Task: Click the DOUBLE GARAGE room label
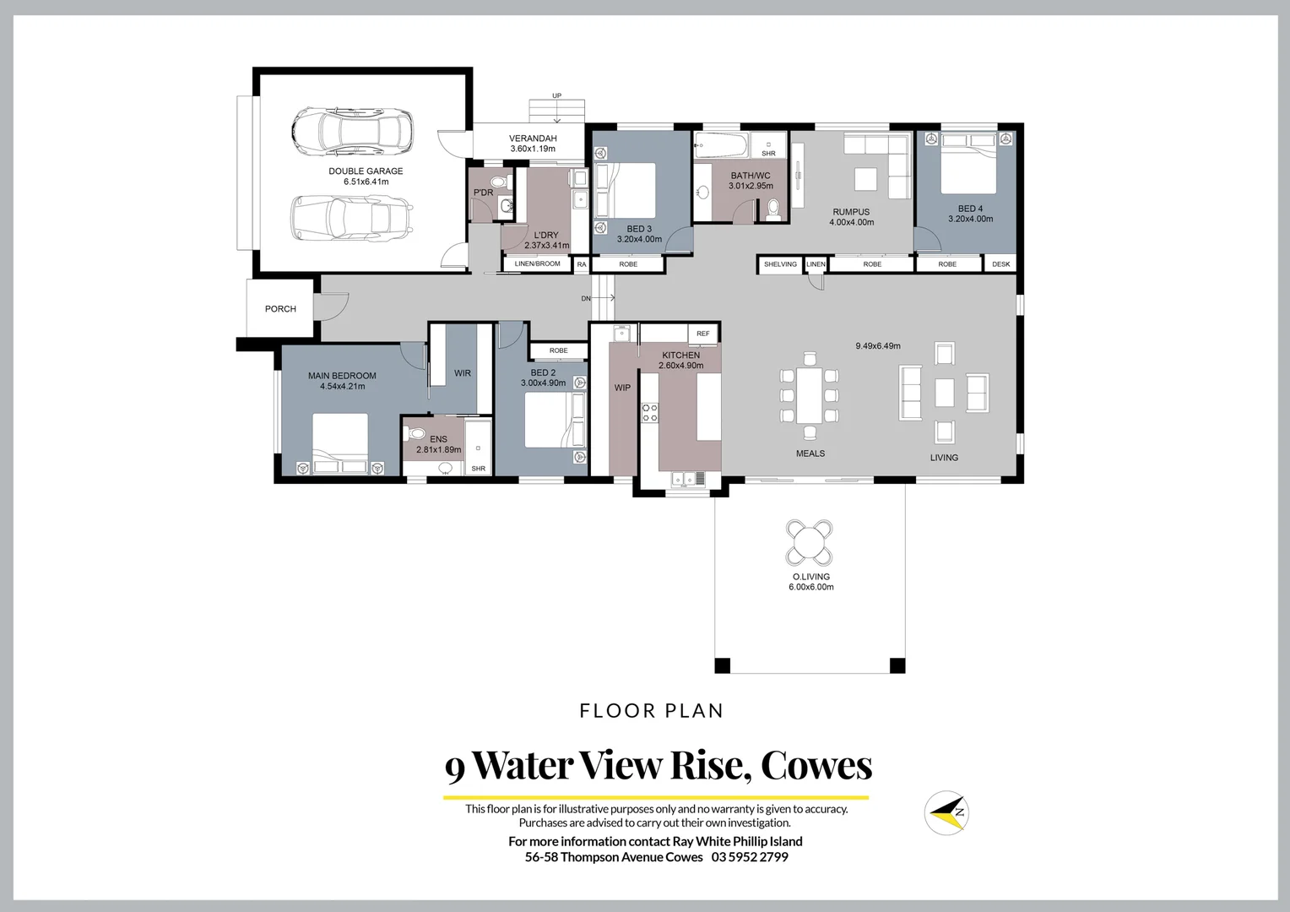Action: [x=366, y=171]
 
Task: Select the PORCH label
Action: [x=280, y=309]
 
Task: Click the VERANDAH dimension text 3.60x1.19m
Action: [x=533, y=149]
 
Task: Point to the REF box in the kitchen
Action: [x=703, y=334]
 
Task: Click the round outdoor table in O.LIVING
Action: [x=810, y=542]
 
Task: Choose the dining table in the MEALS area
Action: [x=810, y=395]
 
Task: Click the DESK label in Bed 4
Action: [x=1000, y=264]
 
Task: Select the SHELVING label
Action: [x=780, y=264]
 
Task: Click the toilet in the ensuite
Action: [x=415, y=434]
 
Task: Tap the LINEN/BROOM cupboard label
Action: [x=537, y=264]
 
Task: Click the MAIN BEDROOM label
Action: [x=342, y=376]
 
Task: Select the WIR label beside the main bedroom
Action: [x=463, y=373]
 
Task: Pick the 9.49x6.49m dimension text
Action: [x=877, y=346]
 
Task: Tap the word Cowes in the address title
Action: [x=816, y=765]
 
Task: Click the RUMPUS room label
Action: [x=851, y=212]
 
